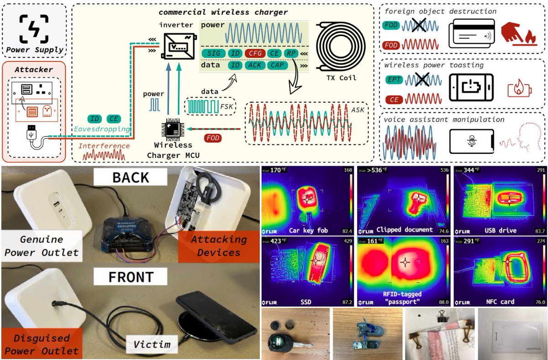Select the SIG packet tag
pos(213,53)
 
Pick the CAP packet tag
pos(277,65)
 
